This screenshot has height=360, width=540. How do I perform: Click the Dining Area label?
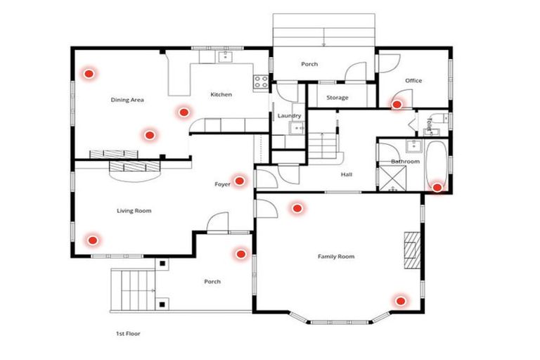127,100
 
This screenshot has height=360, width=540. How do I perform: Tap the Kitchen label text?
221,94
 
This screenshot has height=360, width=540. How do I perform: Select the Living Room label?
134,210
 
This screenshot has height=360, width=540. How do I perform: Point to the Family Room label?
335,257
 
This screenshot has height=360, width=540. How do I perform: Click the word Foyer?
222,184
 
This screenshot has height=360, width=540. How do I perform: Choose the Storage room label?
337,98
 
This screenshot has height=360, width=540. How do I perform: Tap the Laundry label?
289,115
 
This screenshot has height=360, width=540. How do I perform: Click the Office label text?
413,81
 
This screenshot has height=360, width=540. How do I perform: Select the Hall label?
346,175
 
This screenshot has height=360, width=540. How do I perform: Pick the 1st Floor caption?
128,334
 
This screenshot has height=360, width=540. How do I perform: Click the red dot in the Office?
397,104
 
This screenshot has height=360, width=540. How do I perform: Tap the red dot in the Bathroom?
437,187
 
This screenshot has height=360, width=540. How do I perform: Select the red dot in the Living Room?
91,240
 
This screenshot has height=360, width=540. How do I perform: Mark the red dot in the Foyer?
239,181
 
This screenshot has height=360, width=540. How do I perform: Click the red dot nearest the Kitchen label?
184,111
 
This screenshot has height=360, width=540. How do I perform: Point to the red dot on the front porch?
241,253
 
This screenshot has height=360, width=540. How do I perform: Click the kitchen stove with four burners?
261,81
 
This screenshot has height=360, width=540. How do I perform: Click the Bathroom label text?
405,162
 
